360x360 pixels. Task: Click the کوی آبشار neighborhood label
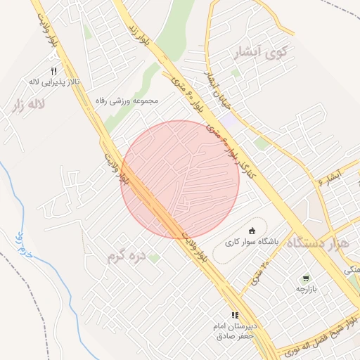click(262, 52)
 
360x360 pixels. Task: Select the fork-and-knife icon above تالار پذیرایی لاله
click(53, 71)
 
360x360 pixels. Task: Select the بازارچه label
click(306, 289)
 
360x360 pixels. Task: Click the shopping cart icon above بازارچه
click(306, 278)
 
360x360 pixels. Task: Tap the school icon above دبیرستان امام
click(235, 316)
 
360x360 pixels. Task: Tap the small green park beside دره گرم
click(155, 258)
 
